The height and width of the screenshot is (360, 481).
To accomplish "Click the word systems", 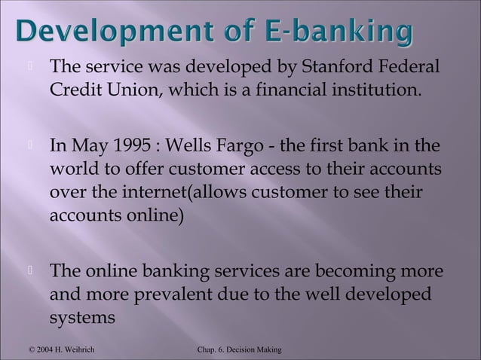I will [83, 317].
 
